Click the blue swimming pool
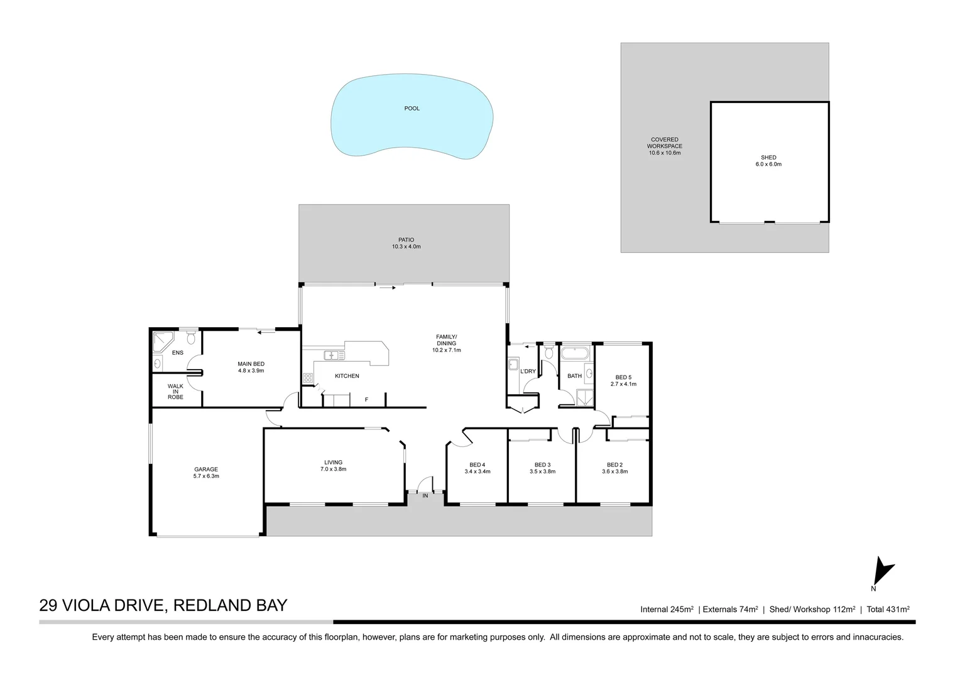click(x=412, y=119)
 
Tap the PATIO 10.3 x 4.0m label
click(x=406, y=244)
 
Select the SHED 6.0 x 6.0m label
click(x=768, y=161)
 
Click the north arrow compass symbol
click(x=883, y=571)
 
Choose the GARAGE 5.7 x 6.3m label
click(x=206, y=473)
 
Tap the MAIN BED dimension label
click(x=251, y=367)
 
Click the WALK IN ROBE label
click(x=175, y=392)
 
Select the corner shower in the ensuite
click(x=163, y=342)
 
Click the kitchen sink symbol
click(x=334, y=355)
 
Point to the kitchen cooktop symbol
click(x=308, y=378)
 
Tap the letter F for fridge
click(x=366, y=399)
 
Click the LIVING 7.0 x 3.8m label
click(x=333, y=466)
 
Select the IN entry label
click(x=425, y=496)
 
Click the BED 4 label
click(x=477, y=468)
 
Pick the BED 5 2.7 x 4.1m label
click(x=623, y=380)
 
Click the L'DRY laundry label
click(x=528, y=372)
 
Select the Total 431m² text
click(x=888, y=609)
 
